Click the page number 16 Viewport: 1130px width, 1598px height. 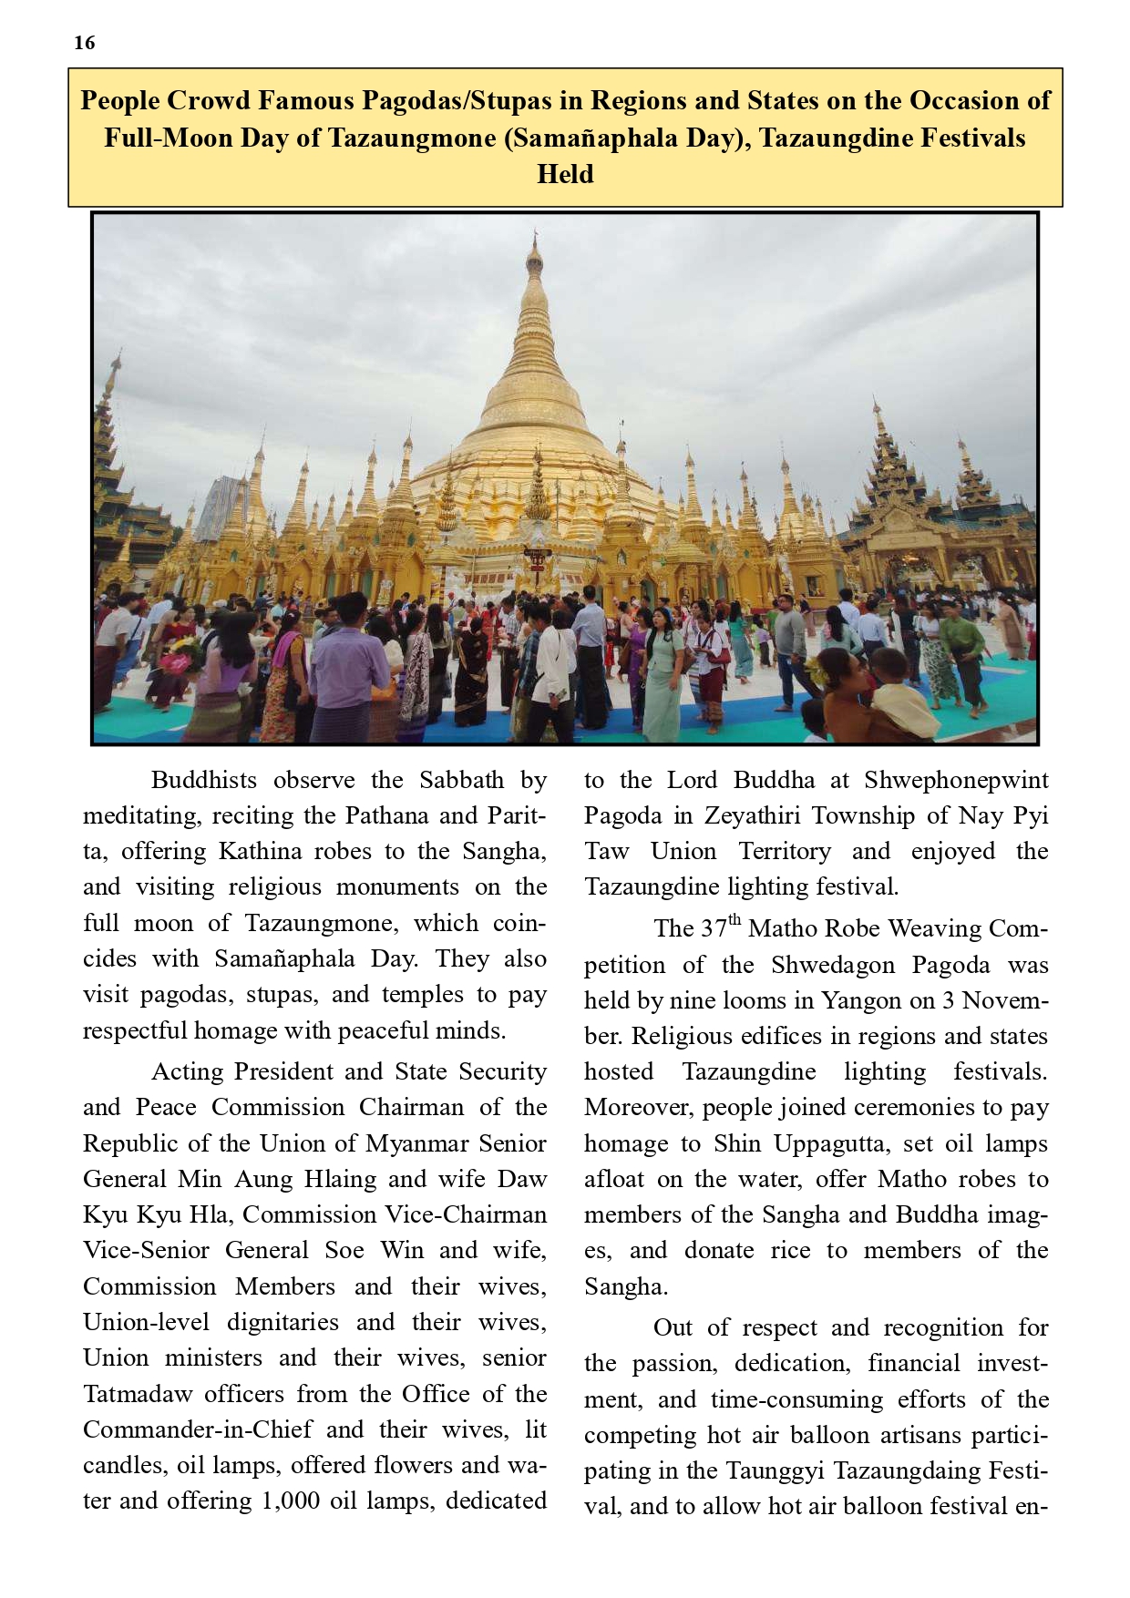85,43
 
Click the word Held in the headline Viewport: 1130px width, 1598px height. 565,174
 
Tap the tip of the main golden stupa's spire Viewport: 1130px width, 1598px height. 535,235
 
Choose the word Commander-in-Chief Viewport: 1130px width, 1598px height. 198,1429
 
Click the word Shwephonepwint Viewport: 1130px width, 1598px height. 956,780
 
